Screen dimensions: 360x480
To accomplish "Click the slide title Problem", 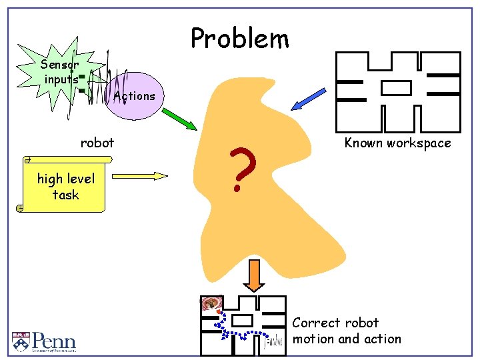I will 240,39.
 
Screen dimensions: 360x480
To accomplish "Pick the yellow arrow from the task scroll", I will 141,176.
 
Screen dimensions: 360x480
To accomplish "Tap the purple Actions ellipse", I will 133,95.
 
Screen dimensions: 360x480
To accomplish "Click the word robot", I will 97,142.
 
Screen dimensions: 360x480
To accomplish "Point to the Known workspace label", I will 397,143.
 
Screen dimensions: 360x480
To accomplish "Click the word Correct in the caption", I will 317,323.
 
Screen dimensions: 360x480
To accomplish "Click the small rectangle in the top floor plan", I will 396,87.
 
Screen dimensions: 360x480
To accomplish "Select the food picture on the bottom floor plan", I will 212,304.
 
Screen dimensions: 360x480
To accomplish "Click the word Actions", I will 135,96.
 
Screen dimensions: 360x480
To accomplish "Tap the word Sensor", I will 59,65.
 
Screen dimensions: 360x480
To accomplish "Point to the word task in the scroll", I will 66,195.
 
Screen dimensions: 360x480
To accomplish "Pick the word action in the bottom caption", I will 383,339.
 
